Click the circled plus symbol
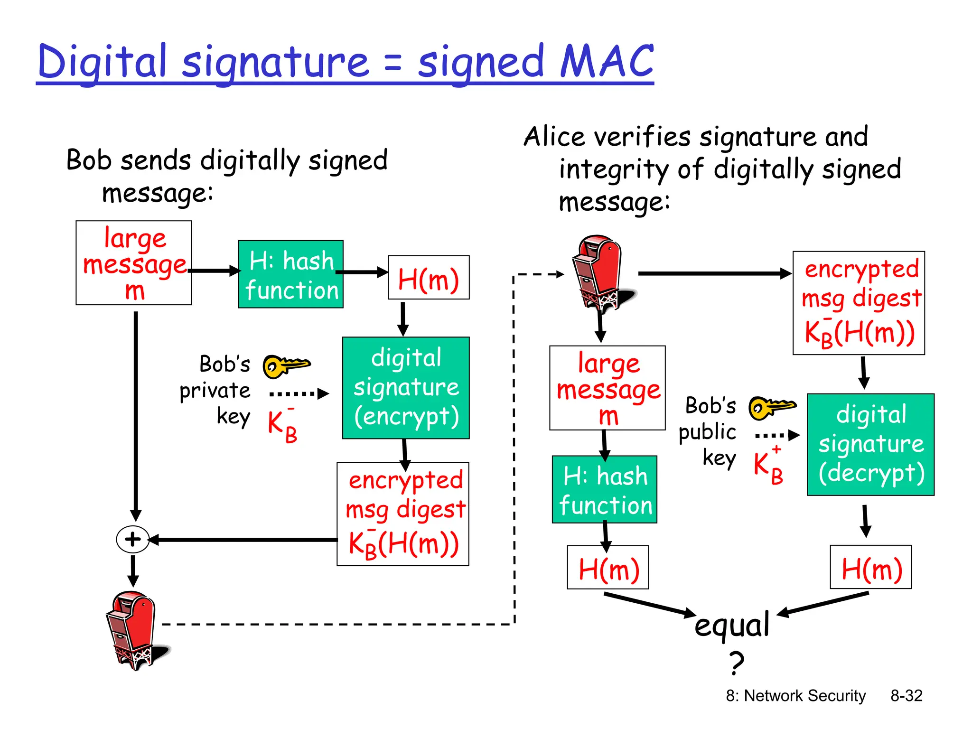point(132,539)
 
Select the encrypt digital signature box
point(406,388)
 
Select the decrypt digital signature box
point(870,444)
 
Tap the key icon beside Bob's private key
point(286,366)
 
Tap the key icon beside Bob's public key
point(772,408)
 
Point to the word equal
point(731,626)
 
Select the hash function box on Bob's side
point(290,274)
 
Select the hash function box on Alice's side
point(605,489)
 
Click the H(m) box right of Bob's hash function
point(429,278)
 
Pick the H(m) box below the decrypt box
point(870,567)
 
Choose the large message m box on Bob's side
point(134,262)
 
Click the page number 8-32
point(906,695)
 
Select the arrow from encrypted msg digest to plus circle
point(242,540)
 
